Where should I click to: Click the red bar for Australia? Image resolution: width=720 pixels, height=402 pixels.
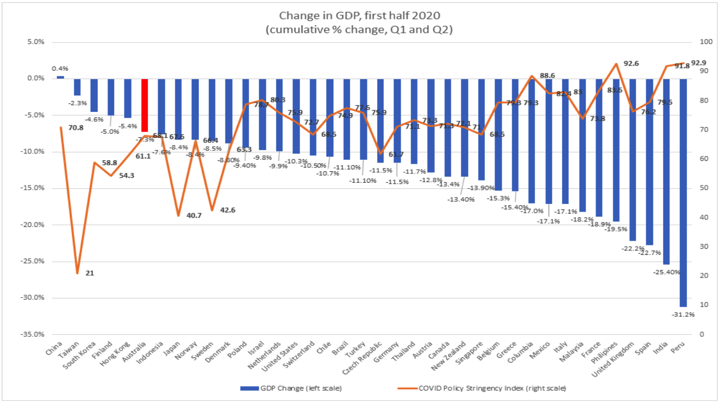tap(145, 105)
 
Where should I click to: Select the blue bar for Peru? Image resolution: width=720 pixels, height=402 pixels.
tap(683, 191)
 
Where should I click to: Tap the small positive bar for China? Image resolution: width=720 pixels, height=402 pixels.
tap(60, 77)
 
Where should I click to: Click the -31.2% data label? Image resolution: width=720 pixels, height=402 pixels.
tap(683, 314)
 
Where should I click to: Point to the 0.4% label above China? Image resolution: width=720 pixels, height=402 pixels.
tap(60, 69)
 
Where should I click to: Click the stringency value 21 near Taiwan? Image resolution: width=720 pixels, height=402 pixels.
tap(90, 273)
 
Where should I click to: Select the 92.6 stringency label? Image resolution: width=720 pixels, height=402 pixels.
tap(631, 64)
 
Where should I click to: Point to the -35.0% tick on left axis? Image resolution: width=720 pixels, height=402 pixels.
tap(33, 334)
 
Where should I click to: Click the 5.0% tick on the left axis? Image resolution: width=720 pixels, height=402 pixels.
tap(35, 42)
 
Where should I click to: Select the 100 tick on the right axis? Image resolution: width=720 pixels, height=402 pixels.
tap(698, 42)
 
